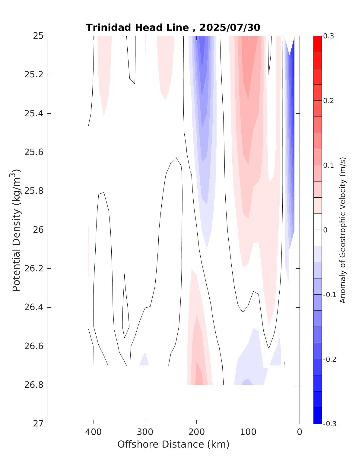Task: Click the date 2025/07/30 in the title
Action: pos(230,28)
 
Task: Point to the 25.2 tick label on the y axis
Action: pos(33,75)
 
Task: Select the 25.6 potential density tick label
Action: pos(33,152)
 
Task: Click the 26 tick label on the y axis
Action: pos(38,230)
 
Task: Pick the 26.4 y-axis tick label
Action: pos(33,307)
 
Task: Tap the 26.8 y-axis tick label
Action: pos(33,385)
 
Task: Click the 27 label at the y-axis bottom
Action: pos(38,423)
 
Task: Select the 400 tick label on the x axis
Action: pos(93,432)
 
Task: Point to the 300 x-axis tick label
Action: pos(145,432)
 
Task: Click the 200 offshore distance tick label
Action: pos(196,432)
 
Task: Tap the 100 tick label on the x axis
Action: pos(248,432)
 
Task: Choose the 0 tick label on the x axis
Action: pos(299,432)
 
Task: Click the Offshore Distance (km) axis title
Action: pos(173,444)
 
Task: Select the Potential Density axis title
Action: pos(16,230)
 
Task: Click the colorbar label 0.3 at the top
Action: pos(329,36)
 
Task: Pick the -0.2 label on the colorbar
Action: pos(329,359)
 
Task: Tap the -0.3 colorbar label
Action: pos(329,424)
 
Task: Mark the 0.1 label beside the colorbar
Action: pos(329,165)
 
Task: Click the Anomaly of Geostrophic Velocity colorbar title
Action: pos(342,230)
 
